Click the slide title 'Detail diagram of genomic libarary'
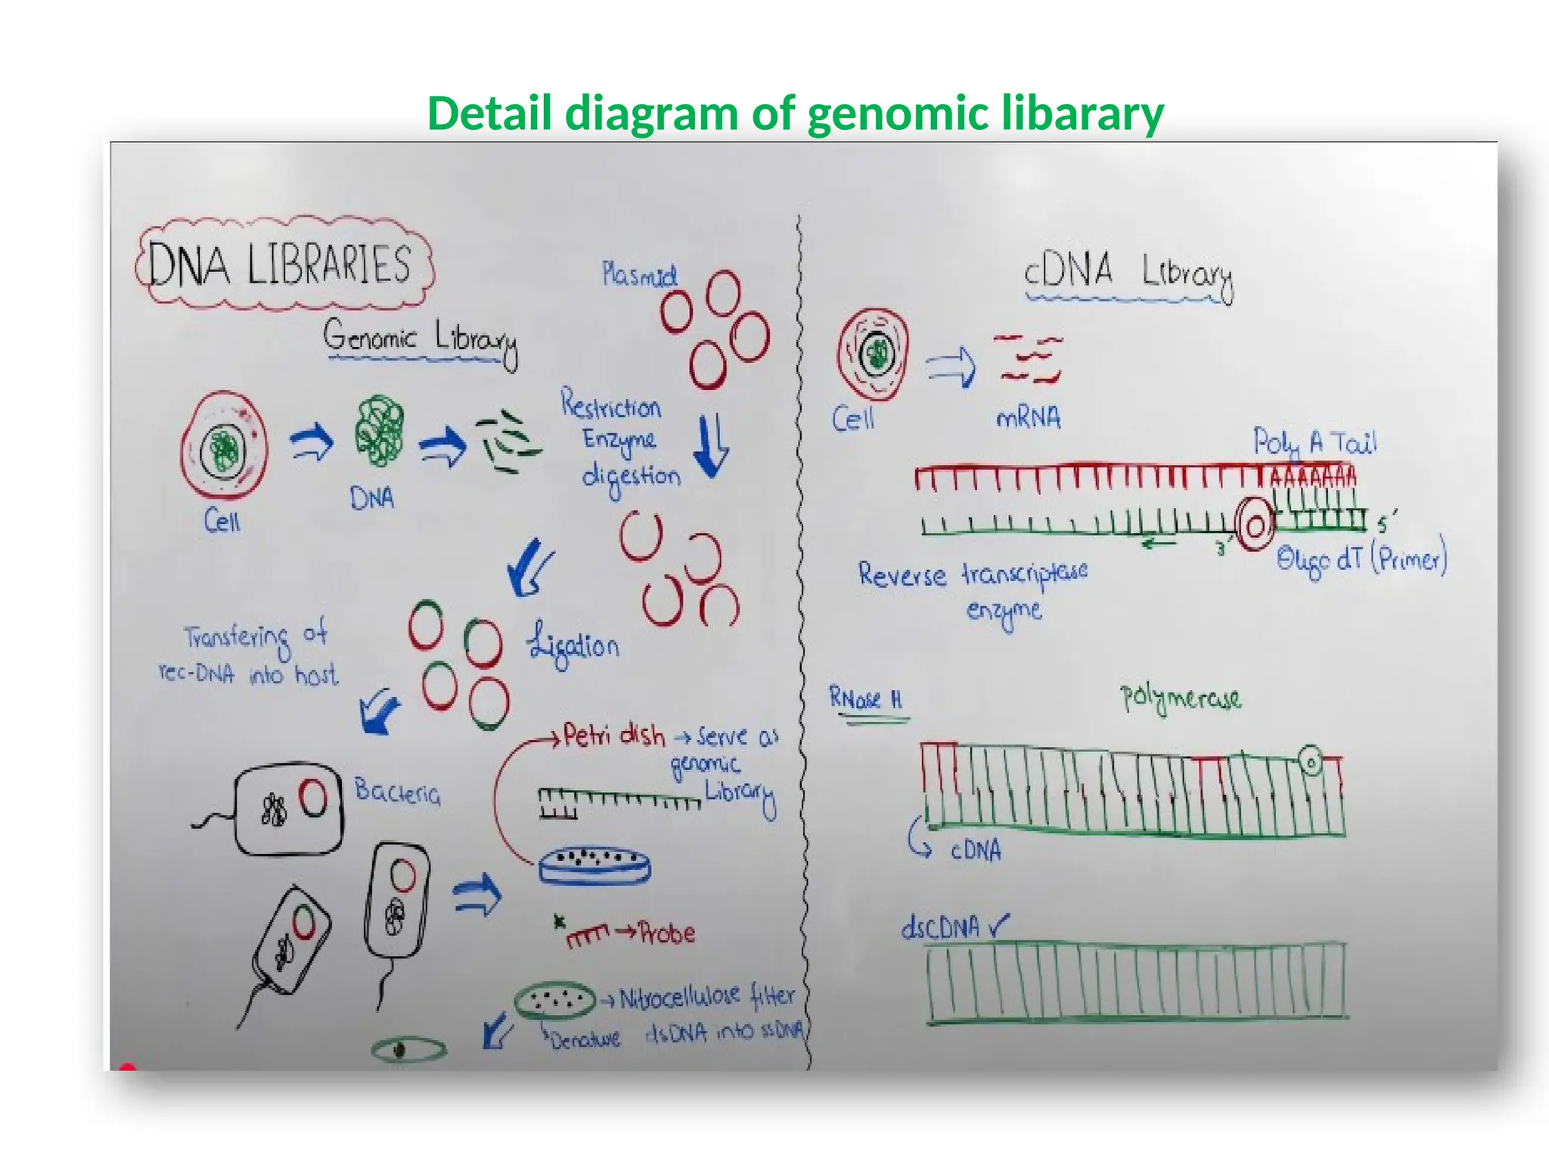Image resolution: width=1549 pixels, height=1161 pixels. pyautogui.click(x=795, y=113)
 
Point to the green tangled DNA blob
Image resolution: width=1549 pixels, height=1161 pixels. pyautogui.click(x=379, y=429)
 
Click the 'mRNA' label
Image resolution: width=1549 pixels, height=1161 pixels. pyautogui.click(x=1029, y=418)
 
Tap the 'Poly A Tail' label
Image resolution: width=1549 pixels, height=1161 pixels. pyautogui.click(x=1315, y=443)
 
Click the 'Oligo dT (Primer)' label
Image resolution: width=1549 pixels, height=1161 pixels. pyautogui.click(x=1361, y=559)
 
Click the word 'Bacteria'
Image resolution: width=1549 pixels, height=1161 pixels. pyautogui.click(x=397, y=792)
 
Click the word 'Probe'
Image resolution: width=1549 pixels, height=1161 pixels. pyautogui.click(x=666, y=933)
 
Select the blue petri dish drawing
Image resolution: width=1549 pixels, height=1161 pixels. pyautogui.click(x=594, y=865)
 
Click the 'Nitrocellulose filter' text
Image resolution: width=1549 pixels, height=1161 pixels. pyautogui.click(x=706, y=998)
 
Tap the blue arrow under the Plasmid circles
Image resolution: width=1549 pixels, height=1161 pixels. pyautogui.click(x=711, y=446)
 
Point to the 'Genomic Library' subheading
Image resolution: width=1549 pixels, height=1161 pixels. pyautogui.click(x=421, y=338)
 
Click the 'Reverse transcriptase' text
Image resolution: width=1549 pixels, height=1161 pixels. pyautogui.click(x=973, y=574)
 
